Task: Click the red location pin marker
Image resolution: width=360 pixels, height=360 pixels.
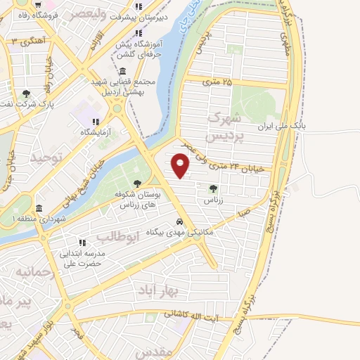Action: click(181, 166)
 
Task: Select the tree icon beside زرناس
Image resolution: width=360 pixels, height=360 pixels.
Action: click(213, 188)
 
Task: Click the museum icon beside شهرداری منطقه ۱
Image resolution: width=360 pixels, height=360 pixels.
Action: click(39, 209)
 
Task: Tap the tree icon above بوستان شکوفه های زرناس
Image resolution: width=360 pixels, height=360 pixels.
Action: click(137, 184)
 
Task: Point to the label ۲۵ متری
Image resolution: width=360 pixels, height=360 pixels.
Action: click(217, 82)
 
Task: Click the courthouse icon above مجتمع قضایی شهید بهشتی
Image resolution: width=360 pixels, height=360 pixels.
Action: click(124, 72)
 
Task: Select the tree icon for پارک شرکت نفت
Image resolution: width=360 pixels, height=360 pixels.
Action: click(26, 94)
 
